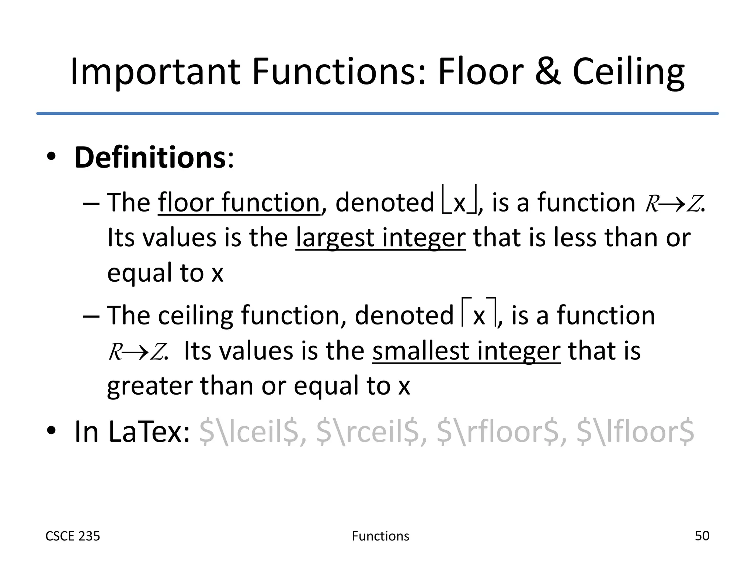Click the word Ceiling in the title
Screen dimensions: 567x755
click(x=628, y=72)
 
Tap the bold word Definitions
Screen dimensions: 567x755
click(x=150, y=158)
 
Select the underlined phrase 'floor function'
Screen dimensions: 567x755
click(x=239, y=203)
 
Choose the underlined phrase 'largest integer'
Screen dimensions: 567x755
click(x=380, y=238)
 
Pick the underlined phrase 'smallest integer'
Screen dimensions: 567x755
click(x=466, y=351)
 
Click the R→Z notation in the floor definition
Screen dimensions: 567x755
click(x=674, y=204)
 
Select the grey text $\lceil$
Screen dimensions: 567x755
click(x=249, y=432)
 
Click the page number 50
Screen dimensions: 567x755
click(x=702, y=536)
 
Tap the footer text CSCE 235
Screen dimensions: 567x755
click(x=73, y=536)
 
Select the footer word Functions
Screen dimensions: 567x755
click(x=380, y=536)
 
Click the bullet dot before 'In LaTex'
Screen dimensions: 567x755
click(x=51, y=430)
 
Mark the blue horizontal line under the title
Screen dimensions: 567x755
click(x=377, y=113)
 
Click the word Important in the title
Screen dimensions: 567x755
click(x=155, y=72)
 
